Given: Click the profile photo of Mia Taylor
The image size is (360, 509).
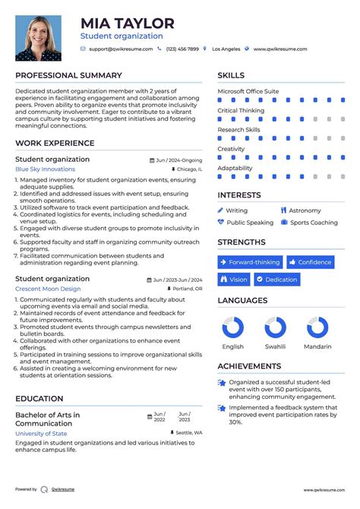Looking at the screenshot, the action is pos(39,37).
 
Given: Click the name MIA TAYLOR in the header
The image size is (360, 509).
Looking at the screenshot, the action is pos(128,24).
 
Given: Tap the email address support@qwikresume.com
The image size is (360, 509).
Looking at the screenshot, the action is pos(121,49).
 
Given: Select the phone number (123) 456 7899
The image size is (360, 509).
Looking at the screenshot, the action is pos(182,49).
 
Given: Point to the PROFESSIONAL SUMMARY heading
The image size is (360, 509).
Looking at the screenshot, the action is pos(68,76).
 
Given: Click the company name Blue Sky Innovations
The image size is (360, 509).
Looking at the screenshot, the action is pos(45,169).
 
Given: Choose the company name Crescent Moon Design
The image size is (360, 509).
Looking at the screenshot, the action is pos(48,289).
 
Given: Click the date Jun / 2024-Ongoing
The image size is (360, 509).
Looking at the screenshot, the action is pos(179,160).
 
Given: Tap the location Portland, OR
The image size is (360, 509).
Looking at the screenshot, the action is pos(187,289).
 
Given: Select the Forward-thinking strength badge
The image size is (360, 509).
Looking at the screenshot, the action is pos(250,262).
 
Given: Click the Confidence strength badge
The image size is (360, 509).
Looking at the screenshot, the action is pos(310,262).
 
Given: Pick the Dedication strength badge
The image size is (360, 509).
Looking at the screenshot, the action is pos(277,280).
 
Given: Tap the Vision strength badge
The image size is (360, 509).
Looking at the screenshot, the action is pos(234,280).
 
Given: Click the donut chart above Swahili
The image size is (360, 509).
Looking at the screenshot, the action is pos(276,327).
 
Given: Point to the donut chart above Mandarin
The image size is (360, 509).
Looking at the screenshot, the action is pos(317,327).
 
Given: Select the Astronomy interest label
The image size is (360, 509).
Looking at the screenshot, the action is pos(305,210).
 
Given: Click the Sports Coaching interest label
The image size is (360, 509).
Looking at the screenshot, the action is pos(314,223).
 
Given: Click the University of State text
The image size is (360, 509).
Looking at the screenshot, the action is pos(41,433).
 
